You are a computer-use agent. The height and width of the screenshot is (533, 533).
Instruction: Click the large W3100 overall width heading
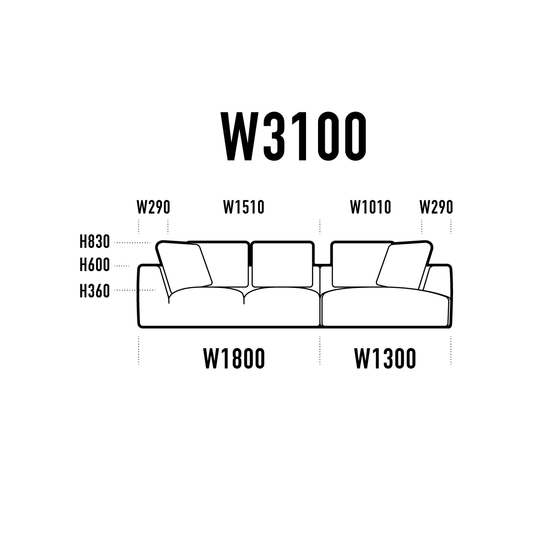tap(294, 136)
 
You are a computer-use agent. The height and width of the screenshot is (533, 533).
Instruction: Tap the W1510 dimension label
tap(244, 207)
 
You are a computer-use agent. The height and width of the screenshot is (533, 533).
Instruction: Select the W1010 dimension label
tap(370, 207)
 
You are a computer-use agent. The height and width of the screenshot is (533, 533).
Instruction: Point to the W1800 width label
tap(234, 358)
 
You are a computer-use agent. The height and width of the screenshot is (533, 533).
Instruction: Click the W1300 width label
tap(385, 358)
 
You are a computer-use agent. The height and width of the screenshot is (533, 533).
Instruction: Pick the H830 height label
tap(95, 242)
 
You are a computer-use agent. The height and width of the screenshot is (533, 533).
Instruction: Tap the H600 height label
tap(95, 265)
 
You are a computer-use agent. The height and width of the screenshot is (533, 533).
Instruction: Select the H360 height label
tap(95, 291)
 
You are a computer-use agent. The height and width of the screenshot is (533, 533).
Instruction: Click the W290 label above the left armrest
tap(153, 207)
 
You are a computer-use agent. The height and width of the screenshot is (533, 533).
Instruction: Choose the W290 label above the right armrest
tap(436, 207)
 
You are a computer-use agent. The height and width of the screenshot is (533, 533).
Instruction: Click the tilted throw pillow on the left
tap(184, 266)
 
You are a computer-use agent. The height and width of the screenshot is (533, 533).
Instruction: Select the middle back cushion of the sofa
tap(282, 264)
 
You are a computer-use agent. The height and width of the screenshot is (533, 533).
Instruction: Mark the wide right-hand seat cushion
tap(385, 307)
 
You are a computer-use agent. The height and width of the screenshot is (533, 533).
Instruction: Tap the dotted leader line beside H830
tap(132, 243)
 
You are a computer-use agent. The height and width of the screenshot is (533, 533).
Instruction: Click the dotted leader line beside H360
tap(135, 290)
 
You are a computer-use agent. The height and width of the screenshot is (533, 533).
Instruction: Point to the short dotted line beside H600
tap(122, 266)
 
